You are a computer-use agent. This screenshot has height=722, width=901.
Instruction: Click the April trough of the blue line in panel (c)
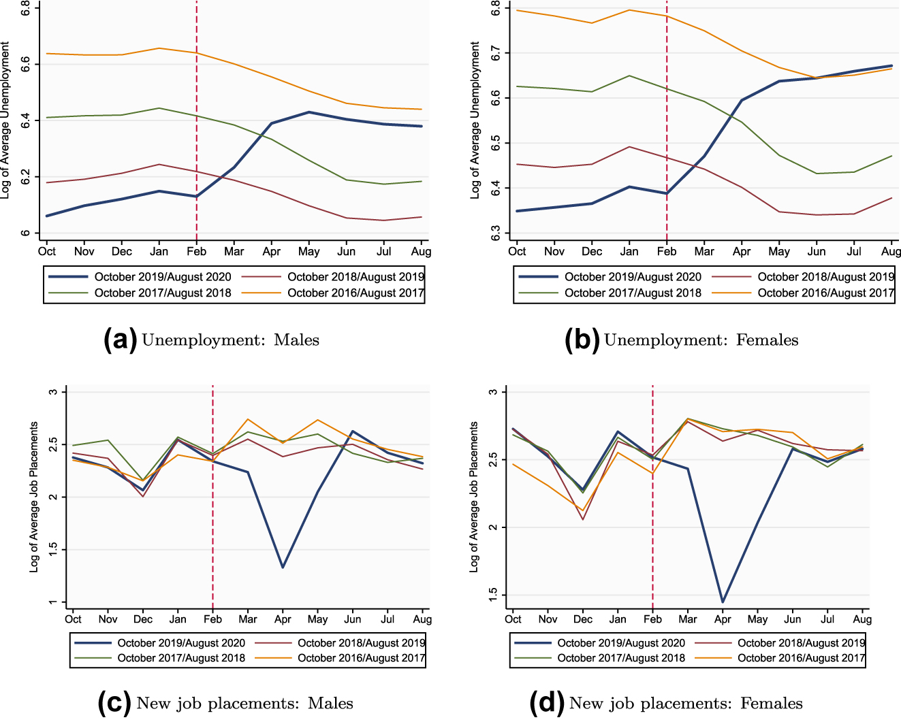283,567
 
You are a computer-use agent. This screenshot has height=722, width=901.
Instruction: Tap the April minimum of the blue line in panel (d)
723,602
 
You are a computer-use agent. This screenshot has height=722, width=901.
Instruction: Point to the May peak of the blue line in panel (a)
309,112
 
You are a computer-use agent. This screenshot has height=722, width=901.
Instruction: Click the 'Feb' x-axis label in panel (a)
196,252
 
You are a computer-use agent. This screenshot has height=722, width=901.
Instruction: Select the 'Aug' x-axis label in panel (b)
891,252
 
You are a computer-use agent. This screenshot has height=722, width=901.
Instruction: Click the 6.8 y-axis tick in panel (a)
25,9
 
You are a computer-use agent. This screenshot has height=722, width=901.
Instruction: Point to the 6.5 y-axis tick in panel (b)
495,143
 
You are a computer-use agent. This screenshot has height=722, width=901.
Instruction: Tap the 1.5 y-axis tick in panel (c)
53,550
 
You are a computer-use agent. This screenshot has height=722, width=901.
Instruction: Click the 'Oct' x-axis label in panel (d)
513,619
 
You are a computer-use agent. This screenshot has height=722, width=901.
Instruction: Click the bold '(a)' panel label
120,340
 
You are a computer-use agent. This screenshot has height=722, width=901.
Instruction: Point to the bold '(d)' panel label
547,704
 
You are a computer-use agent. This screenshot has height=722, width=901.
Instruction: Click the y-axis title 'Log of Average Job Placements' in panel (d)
474,497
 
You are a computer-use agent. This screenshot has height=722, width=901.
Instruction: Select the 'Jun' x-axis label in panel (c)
353,619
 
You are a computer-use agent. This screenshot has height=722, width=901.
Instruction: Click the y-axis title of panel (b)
475,120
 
